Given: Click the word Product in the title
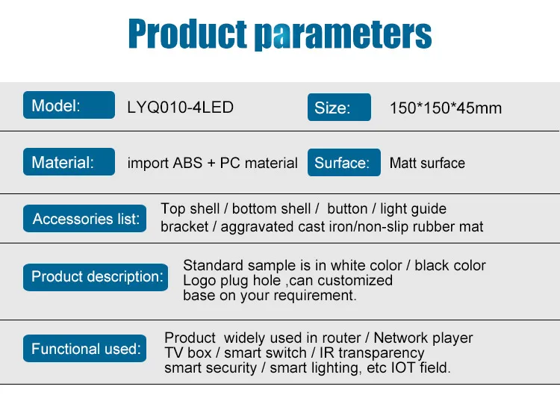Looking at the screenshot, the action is [187, 34].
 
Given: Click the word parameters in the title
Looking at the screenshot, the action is [343, 35].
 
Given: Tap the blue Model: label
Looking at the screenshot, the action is [69, 105].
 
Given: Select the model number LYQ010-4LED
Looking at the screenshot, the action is [181, 108].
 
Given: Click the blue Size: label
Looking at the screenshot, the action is [339, 108].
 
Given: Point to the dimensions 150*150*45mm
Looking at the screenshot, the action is [446, 108].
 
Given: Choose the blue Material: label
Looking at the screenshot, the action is [69, 162].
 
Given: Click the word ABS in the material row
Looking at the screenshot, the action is [188, 163].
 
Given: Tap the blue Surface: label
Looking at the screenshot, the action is [344, 163].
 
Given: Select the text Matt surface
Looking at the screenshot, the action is [427, 163].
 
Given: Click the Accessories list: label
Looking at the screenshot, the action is [84, 219].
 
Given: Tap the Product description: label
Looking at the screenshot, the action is [96, 277].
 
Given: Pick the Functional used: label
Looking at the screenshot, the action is [84, 348].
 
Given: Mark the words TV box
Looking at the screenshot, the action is [188, 353].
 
